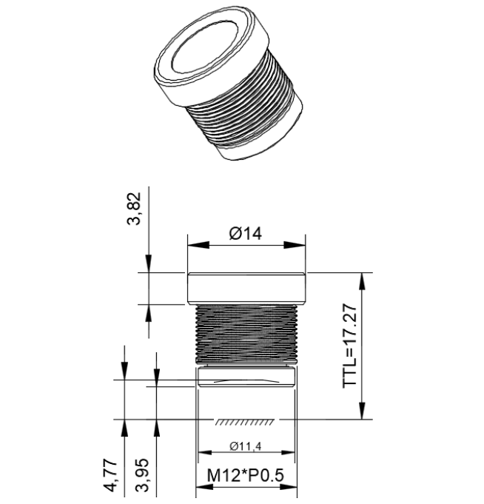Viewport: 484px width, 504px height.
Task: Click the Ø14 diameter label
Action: [246, 234]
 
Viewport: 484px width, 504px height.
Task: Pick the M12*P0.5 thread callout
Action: [246, 475]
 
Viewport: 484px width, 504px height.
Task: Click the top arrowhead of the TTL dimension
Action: [362, 278]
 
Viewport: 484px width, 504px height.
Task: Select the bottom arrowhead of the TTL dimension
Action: [362, 414]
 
